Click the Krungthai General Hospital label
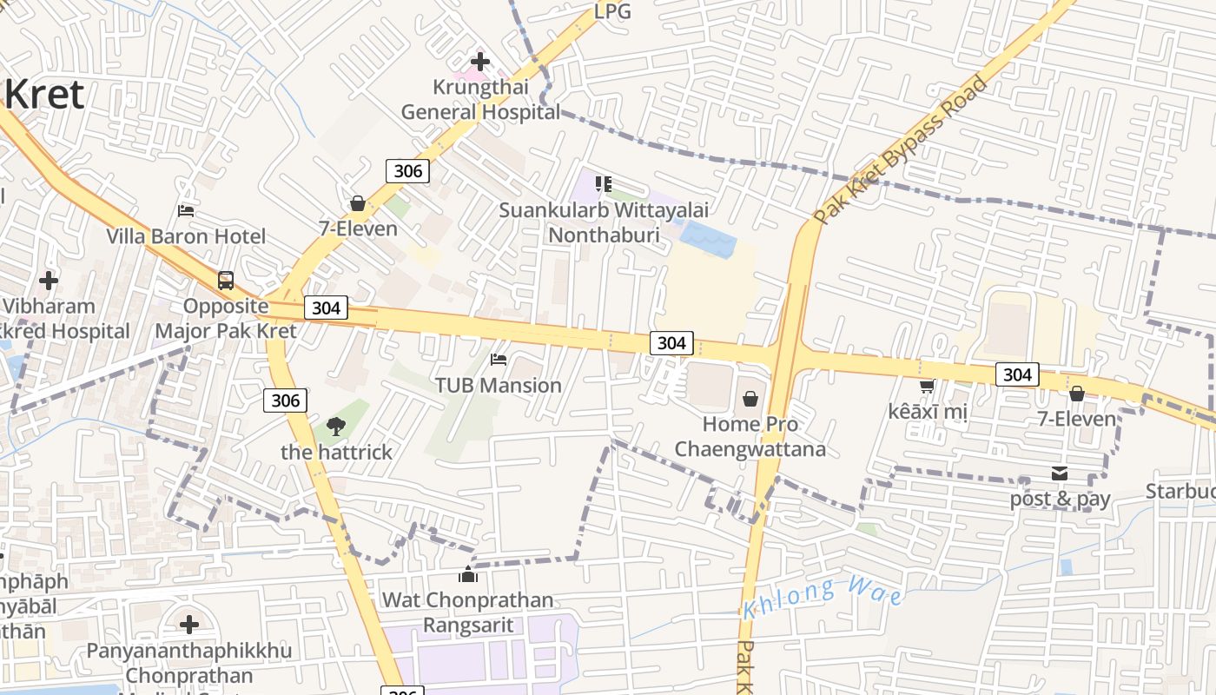(x=479, y=100)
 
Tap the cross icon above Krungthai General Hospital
(x=479, y=62)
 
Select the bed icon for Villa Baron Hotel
(x=186, y=210)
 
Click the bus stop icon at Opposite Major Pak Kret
(x=226, y=281)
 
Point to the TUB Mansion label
(x=498, y=385)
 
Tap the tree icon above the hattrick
(x=335, y=427)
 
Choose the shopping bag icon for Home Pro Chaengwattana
(x=750, y=399)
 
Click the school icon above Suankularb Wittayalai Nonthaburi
(x=604, y=184)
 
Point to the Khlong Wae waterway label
(x=822, y=597)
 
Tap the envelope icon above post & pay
(x=1060, y=473)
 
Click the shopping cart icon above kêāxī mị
(x=927, y=386)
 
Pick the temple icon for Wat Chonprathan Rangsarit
(x=468, y=574)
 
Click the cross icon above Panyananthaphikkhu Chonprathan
(x=189, y=625)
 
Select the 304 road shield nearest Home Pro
(x=671, y=343)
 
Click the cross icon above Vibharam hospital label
(x=49, y=281)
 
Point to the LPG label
(x=612, y=11)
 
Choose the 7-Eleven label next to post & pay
(x=1077, y=419)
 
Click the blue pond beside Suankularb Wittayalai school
(x=707, y=235)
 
